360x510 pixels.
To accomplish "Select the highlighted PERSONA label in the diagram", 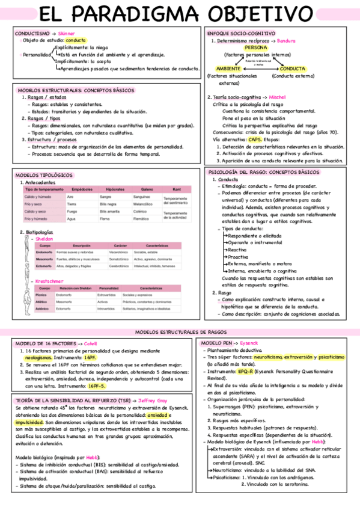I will pos(256,47).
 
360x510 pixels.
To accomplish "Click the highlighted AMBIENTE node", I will pos(228,69).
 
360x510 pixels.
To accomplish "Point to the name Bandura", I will pos(287,40).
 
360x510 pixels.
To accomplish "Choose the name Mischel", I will pos(278,97).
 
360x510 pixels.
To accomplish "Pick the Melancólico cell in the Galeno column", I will pos(142,204).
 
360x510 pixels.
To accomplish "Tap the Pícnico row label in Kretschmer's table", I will pos(41,295).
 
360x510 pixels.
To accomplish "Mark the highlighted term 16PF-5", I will pos(96,386).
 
